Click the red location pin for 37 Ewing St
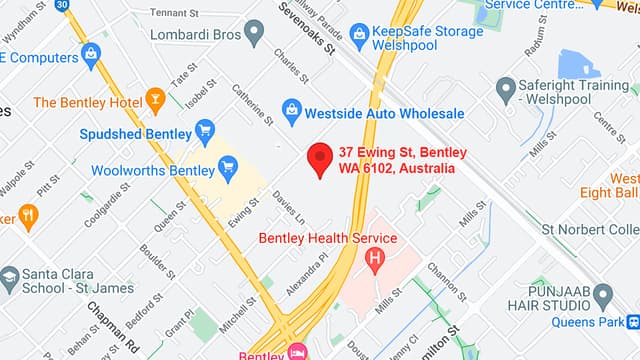point(319,159)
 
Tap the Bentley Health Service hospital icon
point(375,263)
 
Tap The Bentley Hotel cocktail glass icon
point(154,102)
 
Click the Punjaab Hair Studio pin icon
point(602,295)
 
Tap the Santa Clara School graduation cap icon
point(10,278)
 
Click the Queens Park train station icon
point(633,322)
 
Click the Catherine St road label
point(253,104)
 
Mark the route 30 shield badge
point(62,6)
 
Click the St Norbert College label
point(590,229)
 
